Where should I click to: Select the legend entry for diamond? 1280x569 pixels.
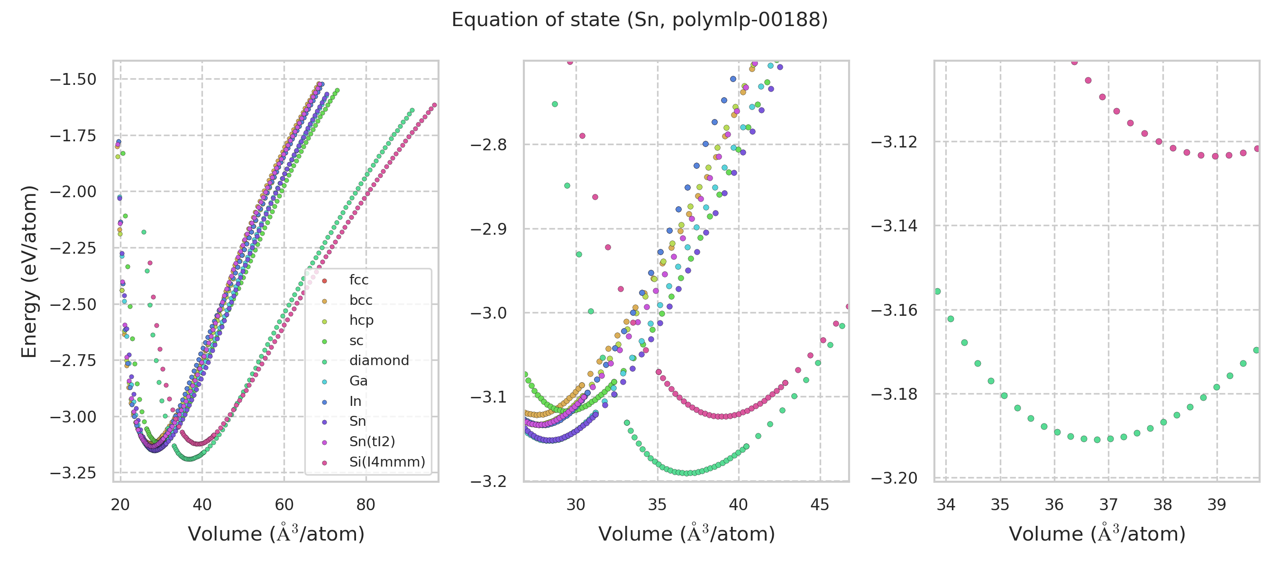coord(379,360)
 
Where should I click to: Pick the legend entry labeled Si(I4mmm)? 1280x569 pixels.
coord(387,462)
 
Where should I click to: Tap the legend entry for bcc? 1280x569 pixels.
coord(361,300)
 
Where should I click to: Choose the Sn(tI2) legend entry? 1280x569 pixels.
coord(372,441)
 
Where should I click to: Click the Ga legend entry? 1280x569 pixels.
coord(358,381)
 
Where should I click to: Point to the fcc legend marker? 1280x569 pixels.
coord(324,281)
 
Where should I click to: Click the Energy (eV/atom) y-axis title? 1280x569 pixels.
coord(29,271)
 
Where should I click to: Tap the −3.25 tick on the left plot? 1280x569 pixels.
coord(73,473)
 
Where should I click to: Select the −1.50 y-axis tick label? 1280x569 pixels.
coord(73,80)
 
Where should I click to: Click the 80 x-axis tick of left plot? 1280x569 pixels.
coord(366,505)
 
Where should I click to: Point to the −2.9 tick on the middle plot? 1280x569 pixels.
coord(488,229)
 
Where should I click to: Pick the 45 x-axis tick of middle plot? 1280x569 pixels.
coord(820,505)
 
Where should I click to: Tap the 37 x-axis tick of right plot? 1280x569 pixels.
coord(1108,505)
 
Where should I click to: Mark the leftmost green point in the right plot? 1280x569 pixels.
coord(938,291)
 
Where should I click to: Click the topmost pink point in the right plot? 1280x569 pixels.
coord(1074,62)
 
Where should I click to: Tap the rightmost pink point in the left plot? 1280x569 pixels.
coord(434,105)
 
